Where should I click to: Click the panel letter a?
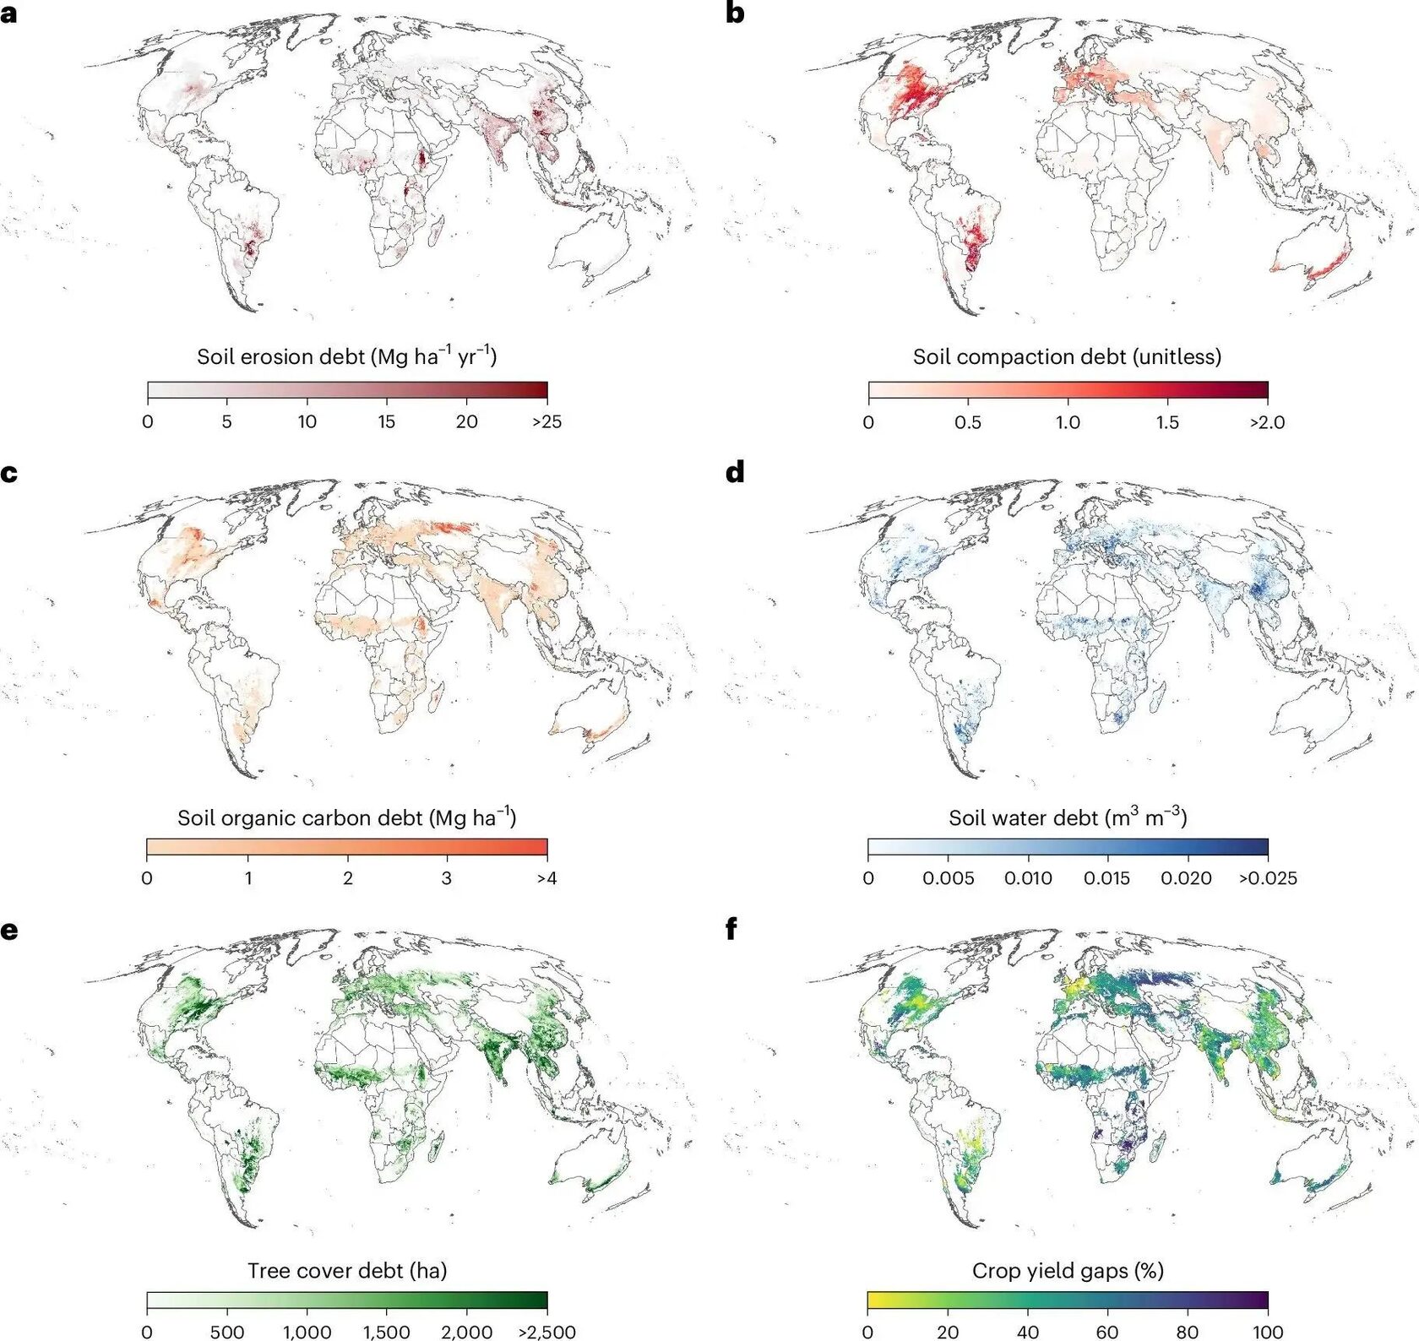(x=8, y=14)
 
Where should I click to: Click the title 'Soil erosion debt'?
(x=280, y=356)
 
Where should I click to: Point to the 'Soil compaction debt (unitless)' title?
(x=1067, y=356)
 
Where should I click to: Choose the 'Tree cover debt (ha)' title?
(x=347, y=1270)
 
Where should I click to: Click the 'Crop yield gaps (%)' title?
(x=1068, y=1270)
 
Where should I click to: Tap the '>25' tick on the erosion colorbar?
(x=546, y=421)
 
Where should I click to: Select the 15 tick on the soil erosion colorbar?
(x=387, y=421)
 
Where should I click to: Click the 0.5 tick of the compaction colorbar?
(x=968, y=421)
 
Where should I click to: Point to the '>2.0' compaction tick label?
(x=1267, y=421)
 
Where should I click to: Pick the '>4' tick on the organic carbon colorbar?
(x=546, y=878)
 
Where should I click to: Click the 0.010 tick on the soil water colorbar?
(x=1028, y=878)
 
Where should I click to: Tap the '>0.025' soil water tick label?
(x=1268, y=878)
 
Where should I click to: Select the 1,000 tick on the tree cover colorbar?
(x=307, y=1332)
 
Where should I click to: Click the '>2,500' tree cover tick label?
(x=546, y=1332)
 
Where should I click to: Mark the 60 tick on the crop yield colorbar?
(x=1107, y=1332)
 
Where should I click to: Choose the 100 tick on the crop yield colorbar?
(x=1268, y=1332)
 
